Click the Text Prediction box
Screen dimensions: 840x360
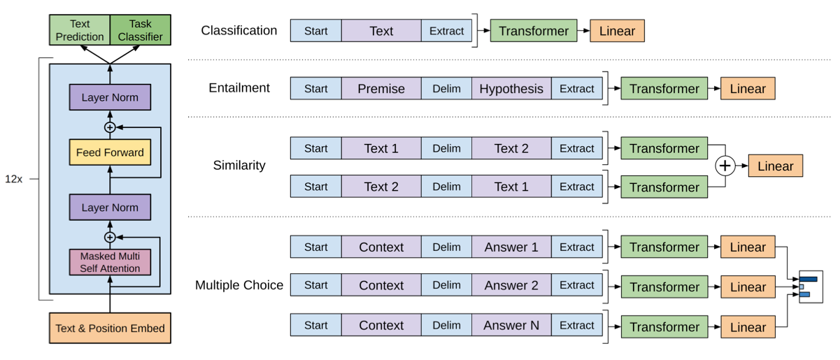[x=80, y=30]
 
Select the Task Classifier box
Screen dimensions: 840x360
[x=141, y=30]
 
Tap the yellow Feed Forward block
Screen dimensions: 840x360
[x=110, y=152]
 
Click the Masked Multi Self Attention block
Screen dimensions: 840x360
[x=110, y=262]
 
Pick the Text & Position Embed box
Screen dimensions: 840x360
[x=110, y=328]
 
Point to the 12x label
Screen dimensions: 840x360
[x=13, y=179]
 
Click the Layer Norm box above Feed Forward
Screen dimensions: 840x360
[x=110, y=97]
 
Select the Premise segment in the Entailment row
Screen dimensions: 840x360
[x=381, y=88]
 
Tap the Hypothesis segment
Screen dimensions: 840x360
[x=511, y=88]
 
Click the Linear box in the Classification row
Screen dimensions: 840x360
[x=618, y=31]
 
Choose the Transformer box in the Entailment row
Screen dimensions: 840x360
[x=664, y=88]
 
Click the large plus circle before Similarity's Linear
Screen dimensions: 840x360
[x=725, y=166]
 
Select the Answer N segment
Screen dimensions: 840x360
[x=511, y=325]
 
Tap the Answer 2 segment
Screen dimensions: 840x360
[x=511, y=285]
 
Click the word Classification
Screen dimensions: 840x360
[x=239, y=30]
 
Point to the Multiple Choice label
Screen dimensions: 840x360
[x=239, y=285]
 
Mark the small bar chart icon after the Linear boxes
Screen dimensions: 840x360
[x=811, y=287]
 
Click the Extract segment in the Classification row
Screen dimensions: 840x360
[x=446, y=31]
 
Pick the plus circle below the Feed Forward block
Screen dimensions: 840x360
[x=110, y=237]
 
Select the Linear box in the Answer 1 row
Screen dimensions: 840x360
[x=748, y=247]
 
